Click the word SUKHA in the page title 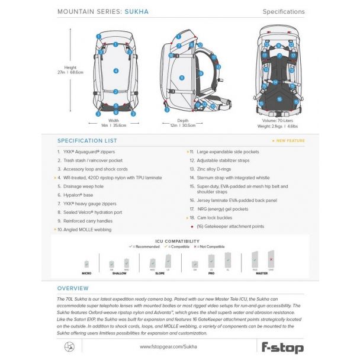coord(137,11)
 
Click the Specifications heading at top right coord(283,11)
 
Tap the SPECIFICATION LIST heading coord(87,141)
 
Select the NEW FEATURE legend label coord(290,141)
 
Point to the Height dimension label coord(71,68)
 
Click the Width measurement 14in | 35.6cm coord(113,126)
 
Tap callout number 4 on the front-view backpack coord(116,70)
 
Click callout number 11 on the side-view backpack coord(182,78)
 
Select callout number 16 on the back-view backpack coord(279,99)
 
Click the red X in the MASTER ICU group coord(271,259)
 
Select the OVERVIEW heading coord(73,288)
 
